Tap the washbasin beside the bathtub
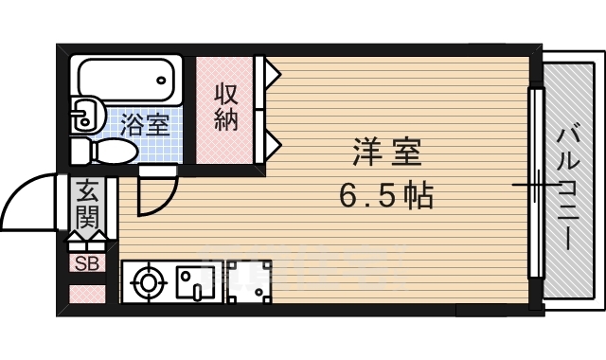tap(87, 115)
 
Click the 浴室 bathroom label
tap(145, 123)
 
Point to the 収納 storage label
tap(224, 107)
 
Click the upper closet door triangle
tap(269, 70)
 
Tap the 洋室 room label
tap(385, 153)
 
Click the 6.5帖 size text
tap(385, 197)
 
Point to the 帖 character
tap(418, 197)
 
